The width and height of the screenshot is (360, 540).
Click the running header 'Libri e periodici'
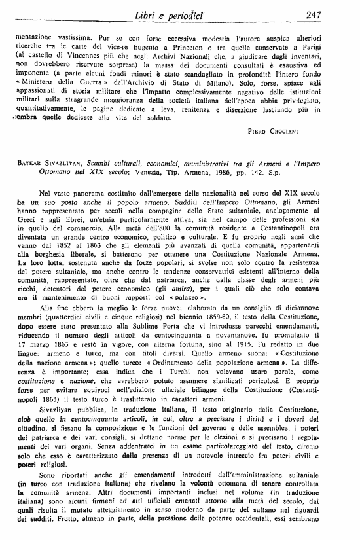tap(184, 15)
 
